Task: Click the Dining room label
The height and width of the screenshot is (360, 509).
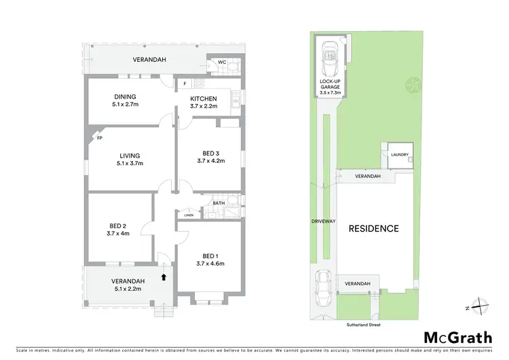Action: point(125,101)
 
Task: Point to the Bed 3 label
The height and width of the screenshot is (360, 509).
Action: point(210,156)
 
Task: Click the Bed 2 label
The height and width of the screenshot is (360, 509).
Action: point(118,230)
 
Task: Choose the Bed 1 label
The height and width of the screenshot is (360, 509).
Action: point(210,259)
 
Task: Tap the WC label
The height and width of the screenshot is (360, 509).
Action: point(221,62)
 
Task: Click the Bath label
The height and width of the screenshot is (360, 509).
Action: point(219,202)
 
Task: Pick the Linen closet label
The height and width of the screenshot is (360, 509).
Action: point(188,215)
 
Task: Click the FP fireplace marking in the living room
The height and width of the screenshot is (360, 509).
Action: point(99,139)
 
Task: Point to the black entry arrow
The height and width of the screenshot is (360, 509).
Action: point(163,276)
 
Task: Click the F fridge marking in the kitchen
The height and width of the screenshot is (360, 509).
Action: point(185,84)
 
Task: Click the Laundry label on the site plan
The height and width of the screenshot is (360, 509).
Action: point(399,154)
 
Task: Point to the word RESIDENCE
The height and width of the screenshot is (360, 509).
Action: point(373,228)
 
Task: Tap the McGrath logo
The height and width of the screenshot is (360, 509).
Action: point(459,338)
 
